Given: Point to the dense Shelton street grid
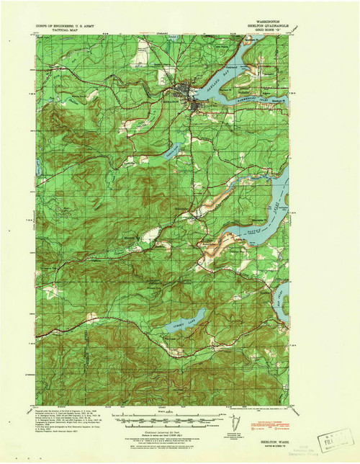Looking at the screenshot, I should click(x=189, y=97).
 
